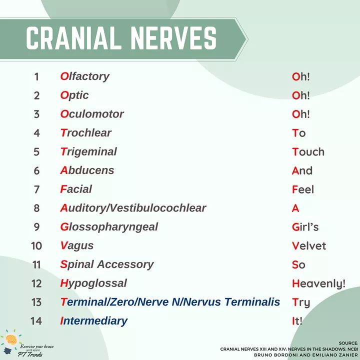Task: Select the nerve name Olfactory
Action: click(84, 76)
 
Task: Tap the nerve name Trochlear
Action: click(85, 133)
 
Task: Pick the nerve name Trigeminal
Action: click(88, 151)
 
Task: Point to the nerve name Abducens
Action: click(87, 170)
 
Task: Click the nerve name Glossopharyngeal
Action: click(109, 227)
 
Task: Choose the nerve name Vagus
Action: click(76, 245)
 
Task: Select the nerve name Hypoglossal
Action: click(93, 283)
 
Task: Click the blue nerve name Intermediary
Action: click(93, 321)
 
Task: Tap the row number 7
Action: click(36, 189)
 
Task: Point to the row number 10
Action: click(36, 246)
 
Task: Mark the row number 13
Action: click(36, 302)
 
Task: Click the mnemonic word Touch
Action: click(308, 152)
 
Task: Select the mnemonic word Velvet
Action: click(308, 246)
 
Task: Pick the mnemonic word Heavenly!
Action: click(318, 284)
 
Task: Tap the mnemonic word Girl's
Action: click(305, 227)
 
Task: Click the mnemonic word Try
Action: click(301, 302)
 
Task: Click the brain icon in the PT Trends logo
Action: click(11, 339)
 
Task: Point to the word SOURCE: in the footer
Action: click(348, 342)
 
